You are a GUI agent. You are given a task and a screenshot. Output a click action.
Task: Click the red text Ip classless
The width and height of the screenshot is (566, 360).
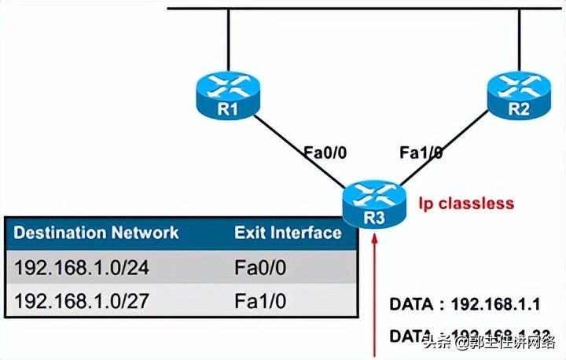point(466,204)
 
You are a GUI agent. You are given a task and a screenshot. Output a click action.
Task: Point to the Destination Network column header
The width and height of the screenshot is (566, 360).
point(97,233)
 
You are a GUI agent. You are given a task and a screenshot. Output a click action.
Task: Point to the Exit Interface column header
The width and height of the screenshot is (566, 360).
point(288,233)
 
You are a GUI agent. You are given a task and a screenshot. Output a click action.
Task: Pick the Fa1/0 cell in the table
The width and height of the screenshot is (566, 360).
point(260,301)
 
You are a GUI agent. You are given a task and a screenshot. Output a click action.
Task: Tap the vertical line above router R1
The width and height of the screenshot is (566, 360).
point(227,39)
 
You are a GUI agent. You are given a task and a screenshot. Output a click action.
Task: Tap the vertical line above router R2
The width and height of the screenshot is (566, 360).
point(518,39)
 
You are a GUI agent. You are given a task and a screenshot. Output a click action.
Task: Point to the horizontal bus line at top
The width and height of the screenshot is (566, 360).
point(362,9)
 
